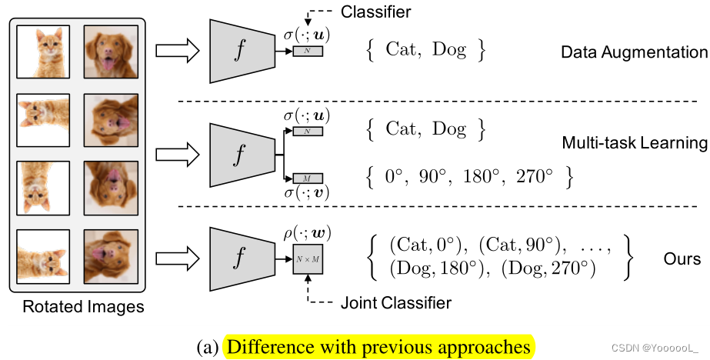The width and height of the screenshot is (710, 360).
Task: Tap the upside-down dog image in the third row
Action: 111,188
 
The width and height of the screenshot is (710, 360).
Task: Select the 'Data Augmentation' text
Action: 634,53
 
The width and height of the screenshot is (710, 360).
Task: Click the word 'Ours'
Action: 682,258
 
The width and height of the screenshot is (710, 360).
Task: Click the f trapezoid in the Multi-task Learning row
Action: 241,153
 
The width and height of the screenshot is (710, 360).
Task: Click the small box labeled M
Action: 308,178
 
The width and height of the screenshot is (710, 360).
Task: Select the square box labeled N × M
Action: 308,261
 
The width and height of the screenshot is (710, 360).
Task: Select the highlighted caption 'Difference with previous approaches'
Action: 377,347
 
